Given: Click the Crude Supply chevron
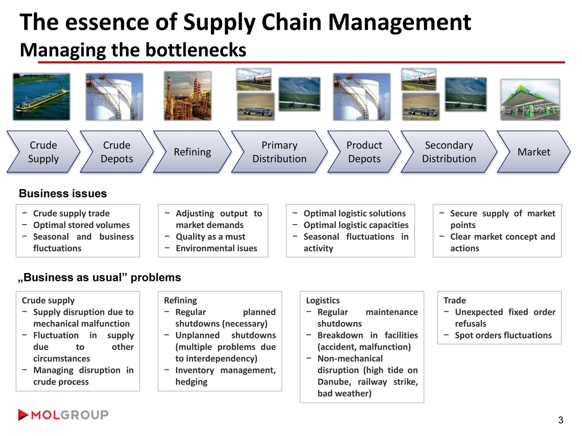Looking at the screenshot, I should [43, 152].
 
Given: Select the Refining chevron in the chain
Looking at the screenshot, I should [192, 152].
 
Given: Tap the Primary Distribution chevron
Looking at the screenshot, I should [279, 152].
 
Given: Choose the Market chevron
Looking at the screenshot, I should [533, 152].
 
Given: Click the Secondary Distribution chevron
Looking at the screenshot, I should [449, 152].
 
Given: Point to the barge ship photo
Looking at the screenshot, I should [41, 97].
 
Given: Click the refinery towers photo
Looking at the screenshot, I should [188, 96].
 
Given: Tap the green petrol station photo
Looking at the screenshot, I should [530, 100].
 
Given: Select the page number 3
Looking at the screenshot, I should [561, 420].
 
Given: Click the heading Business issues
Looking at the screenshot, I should [63, 194].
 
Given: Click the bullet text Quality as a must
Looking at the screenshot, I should [211, 237].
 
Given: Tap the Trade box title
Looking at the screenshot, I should [455, 300].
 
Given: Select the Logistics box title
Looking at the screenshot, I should [323, 300].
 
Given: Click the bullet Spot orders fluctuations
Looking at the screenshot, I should [503, 335].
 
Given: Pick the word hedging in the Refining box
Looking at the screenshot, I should [191, 382].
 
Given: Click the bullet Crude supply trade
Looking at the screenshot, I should [71, 214].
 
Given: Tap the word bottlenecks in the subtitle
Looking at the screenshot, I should [196, 50].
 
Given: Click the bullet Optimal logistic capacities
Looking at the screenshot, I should [356, 225].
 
